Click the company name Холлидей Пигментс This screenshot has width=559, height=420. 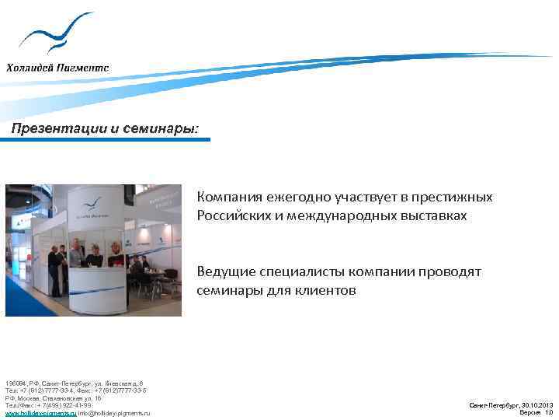[58, 67]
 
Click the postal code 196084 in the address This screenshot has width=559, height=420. [16, 384]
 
